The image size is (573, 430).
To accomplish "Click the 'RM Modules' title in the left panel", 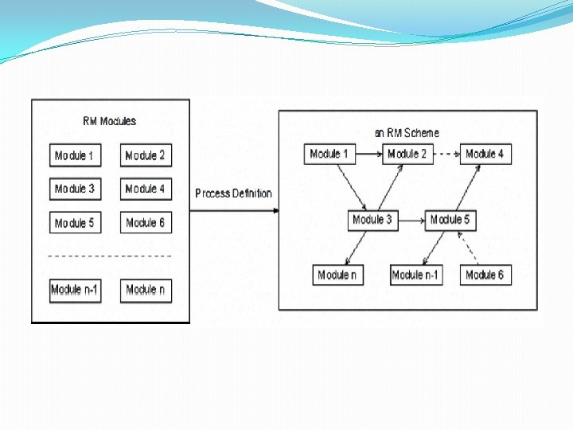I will tap(110, 121).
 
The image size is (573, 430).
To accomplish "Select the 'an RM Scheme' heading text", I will tap(407, 133).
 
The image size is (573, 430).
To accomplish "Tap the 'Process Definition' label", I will tap(233, 193).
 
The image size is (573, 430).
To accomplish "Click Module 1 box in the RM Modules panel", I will tap(74, 155).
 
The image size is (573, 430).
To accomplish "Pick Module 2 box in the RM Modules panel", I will tap(145, 155).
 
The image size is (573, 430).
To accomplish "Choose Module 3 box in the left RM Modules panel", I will tap(74, 189).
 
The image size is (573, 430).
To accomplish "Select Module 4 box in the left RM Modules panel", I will tap(145, 189).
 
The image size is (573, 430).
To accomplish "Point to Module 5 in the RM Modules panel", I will tap(74, 223).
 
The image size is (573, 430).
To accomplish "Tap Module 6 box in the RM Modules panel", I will tap(145, 223).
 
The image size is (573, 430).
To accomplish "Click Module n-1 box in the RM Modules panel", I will tap(74, 290).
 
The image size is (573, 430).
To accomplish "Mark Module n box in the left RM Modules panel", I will tap(145, 290).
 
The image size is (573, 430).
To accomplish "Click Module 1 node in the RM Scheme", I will tap(329, 154).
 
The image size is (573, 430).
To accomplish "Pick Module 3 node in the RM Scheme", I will tap(372, 220).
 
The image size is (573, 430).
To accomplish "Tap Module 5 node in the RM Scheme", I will tap(450, 220).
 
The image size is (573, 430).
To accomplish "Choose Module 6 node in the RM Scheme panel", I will tap(485, 275).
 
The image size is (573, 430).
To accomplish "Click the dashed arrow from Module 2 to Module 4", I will tap(447, 154).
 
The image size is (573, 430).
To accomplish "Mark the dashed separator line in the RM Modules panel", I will tap(110, 256).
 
